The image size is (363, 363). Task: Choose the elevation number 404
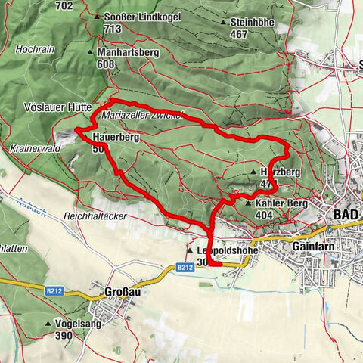click(265, 216)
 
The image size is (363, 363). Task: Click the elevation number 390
click(64, 334)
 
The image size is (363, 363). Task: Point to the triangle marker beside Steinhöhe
click(223, 23)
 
